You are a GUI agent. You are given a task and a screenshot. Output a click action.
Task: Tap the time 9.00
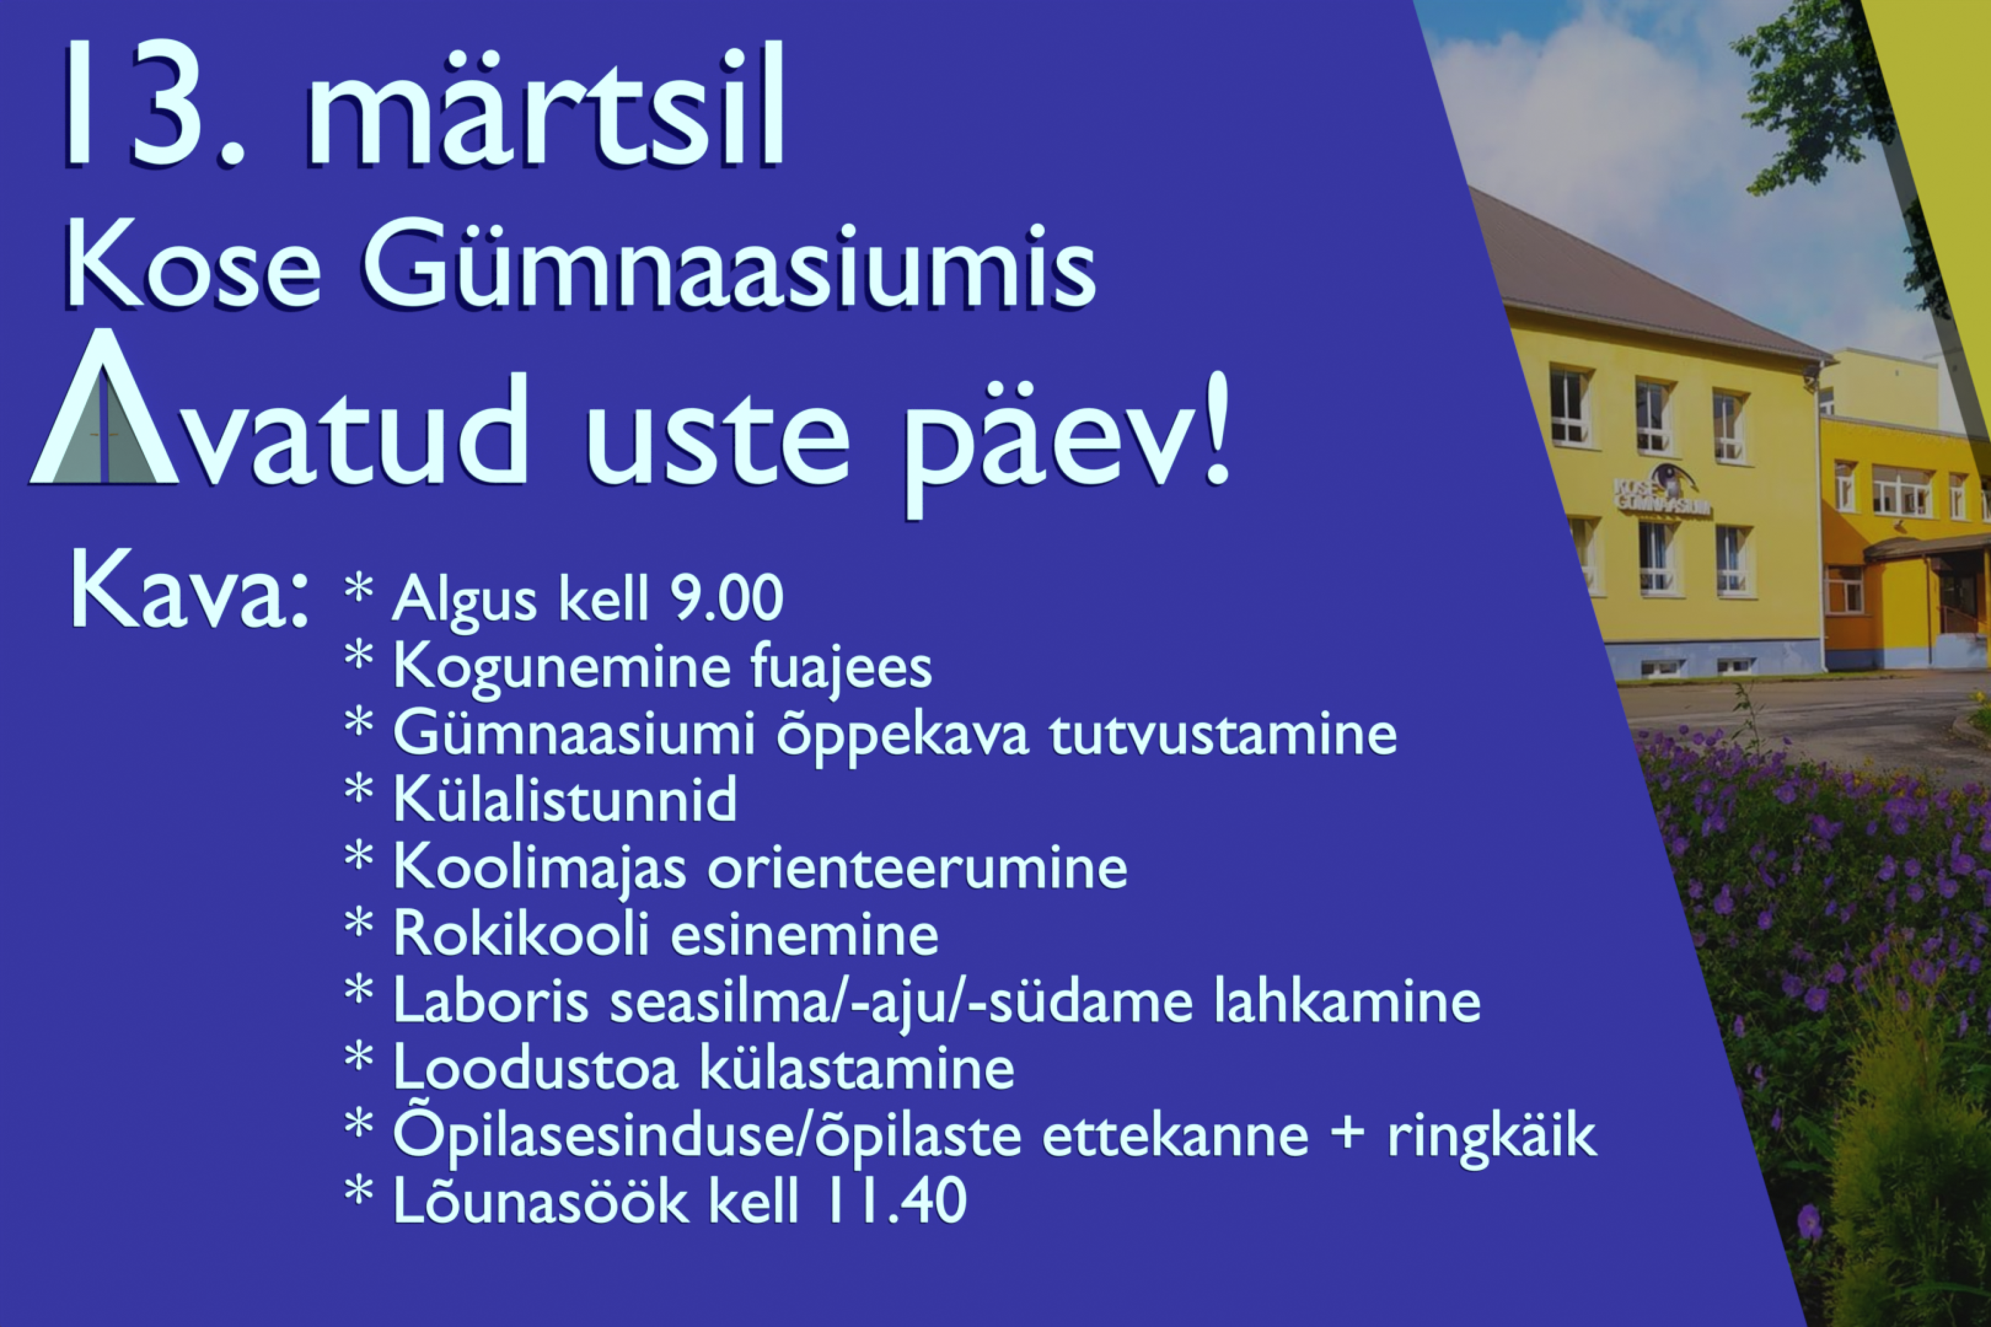[x=726, y=599]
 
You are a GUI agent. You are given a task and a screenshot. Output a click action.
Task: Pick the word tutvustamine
[x=1223, y=734]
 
